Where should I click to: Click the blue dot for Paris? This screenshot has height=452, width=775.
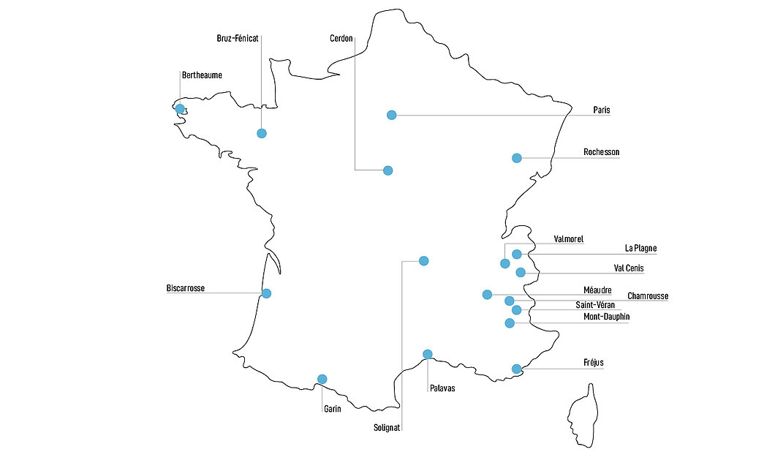(392, 115)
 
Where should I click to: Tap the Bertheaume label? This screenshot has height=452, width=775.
(202, 75)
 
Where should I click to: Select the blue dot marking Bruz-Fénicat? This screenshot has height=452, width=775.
(262, 133)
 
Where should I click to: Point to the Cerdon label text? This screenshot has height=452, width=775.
(341, 38)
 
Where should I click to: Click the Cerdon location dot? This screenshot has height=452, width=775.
(388, 170)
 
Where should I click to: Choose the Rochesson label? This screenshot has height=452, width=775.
(601, 152)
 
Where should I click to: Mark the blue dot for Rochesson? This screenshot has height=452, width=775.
(517, 158)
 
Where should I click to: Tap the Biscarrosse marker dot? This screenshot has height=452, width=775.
(267, 293)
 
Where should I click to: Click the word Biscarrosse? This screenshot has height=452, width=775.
(186, 288)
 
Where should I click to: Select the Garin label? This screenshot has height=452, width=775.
(333, 409)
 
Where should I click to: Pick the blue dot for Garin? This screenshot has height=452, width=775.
(322, 379)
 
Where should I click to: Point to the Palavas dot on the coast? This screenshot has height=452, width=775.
(428, 355)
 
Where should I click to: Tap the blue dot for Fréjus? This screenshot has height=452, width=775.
(517, 369)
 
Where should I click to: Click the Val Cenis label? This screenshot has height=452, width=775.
(629, 268)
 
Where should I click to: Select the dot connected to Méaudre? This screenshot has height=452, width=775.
(488, 295)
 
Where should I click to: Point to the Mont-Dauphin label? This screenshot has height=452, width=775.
(606, 317)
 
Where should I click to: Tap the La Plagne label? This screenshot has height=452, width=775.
(640, 249)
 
